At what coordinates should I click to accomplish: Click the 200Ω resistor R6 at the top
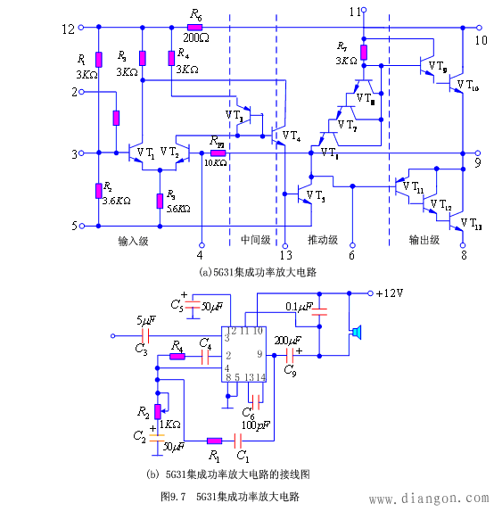pyautogui.click(x=196, y=28)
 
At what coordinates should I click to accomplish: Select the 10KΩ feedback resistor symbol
pyautogui.click(x=217, y=153)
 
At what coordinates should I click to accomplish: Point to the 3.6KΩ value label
pyautogui.click(x=117, y=202)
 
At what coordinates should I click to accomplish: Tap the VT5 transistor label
pyautogui.click(x=315, y=194)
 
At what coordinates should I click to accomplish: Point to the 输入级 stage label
pyautogui.click(x=132, y=241)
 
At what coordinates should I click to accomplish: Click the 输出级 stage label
pyautogui.click(x=424, y=240)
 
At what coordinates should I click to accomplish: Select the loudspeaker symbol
pyautogui.click(x=356, y=333)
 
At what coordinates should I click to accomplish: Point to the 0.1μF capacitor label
pyautogui.click(x=298, y=308)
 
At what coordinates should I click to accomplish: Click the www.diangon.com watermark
pyautogui.click(x=428, y=499)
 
